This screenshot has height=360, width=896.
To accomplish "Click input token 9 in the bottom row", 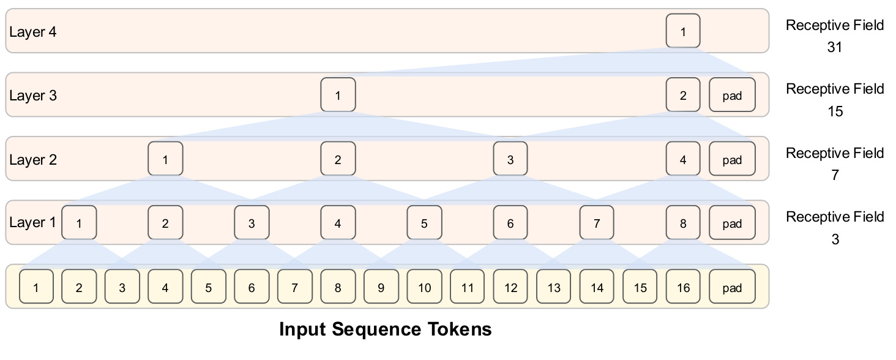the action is [381, 287].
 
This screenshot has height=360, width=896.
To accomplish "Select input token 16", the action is [683, 287].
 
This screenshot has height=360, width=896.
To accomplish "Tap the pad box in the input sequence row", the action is [732, 287].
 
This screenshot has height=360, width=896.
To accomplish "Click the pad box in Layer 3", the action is [732, 95].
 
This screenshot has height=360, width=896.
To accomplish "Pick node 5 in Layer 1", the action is [424, 222].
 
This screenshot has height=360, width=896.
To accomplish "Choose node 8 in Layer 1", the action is [683, 222].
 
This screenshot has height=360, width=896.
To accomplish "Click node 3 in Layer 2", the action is [510, 159].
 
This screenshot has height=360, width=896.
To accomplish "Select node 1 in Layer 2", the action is [165, 159].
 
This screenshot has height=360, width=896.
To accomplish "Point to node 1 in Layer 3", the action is [338, 95].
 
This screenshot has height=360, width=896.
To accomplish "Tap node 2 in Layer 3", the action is [683, 95].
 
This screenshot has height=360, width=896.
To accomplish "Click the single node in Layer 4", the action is [683, 31].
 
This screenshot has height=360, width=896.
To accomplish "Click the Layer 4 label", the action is [33, 32].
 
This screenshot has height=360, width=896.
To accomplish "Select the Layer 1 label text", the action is [33, 222].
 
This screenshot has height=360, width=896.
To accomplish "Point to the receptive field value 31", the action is [835, 47].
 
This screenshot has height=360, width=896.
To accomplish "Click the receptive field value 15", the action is [835, 111].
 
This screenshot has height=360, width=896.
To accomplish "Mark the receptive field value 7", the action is [835, 175].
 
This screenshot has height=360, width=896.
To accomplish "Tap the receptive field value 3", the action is [835, 239].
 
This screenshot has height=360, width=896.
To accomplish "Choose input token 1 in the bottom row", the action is [36, 287].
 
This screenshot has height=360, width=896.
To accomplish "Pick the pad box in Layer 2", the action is [732, 159].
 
